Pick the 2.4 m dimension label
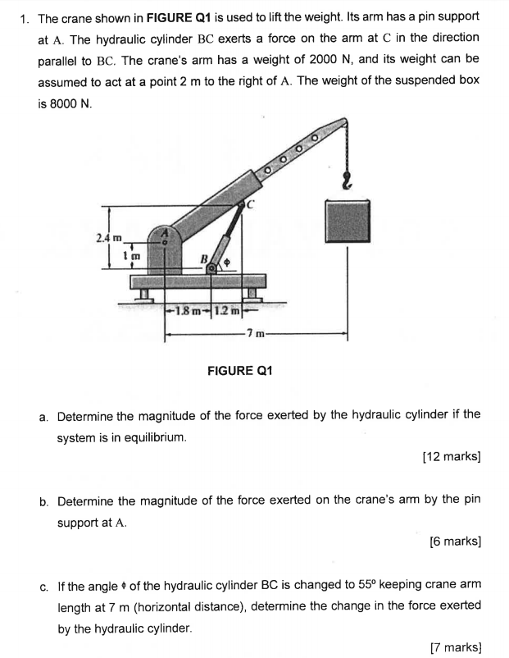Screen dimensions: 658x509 pyautogui.click(x=109, y=237)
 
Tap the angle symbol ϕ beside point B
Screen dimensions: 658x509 pyautogui.click(x=228, y=263)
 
